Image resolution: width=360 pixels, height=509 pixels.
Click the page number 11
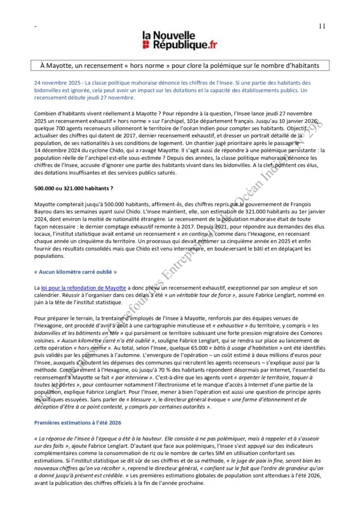[322, 26]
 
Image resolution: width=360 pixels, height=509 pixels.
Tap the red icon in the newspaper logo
[146, 45]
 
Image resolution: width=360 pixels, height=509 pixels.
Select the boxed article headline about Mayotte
[180, 65]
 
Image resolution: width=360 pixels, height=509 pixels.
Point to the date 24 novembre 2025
[58, 82]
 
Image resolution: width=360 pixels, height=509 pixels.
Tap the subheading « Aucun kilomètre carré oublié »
[76, 272]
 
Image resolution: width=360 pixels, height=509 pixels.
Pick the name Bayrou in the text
[45, 212]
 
